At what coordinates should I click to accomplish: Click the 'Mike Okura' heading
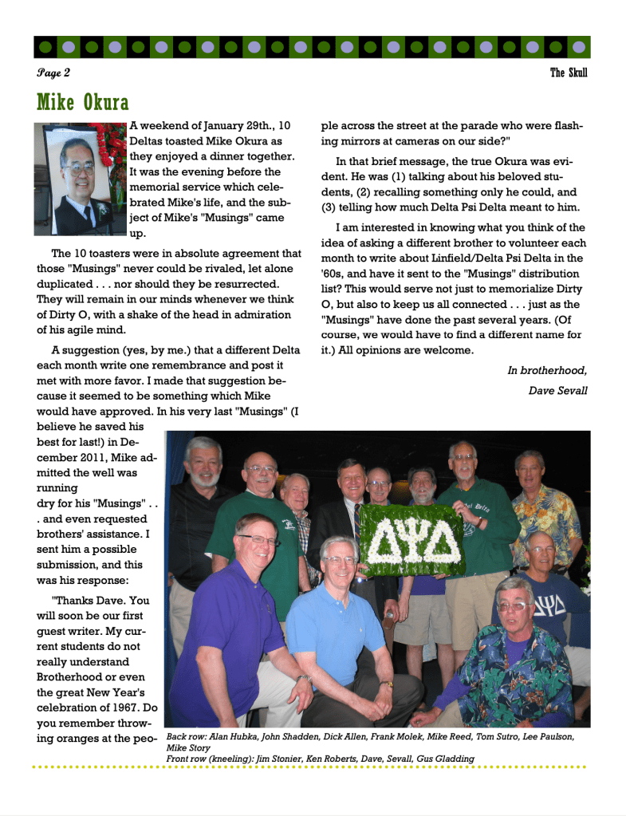coord(83,103)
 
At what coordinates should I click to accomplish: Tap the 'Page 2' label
coord(53,73)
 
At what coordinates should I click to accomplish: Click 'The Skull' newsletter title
coord(569,73)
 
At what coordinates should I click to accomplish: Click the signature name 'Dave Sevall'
coord(557,391)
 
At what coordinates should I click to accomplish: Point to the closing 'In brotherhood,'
coord(547,370)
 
